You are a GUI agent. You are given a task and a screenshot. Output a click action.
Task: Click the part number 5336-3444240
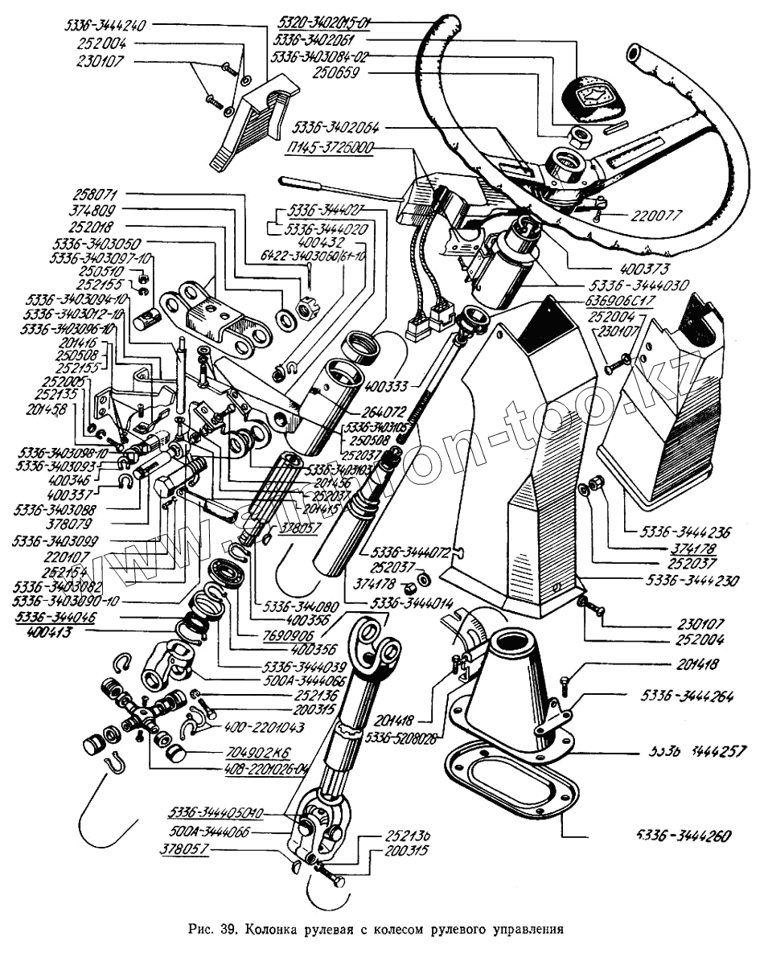tap(107, 25)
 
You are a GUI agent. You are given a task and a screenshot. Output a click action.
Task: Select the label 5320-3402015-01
tap(322, 21)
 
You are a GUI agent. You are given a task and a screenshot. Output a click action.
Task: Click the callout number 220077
tap(642, 216)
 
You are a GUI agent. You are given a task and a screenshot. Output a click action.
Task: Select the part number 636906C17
tap(628, 301)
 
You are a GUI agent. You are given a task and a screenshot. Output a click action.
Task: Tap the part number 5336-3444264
tap(687, 696)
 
